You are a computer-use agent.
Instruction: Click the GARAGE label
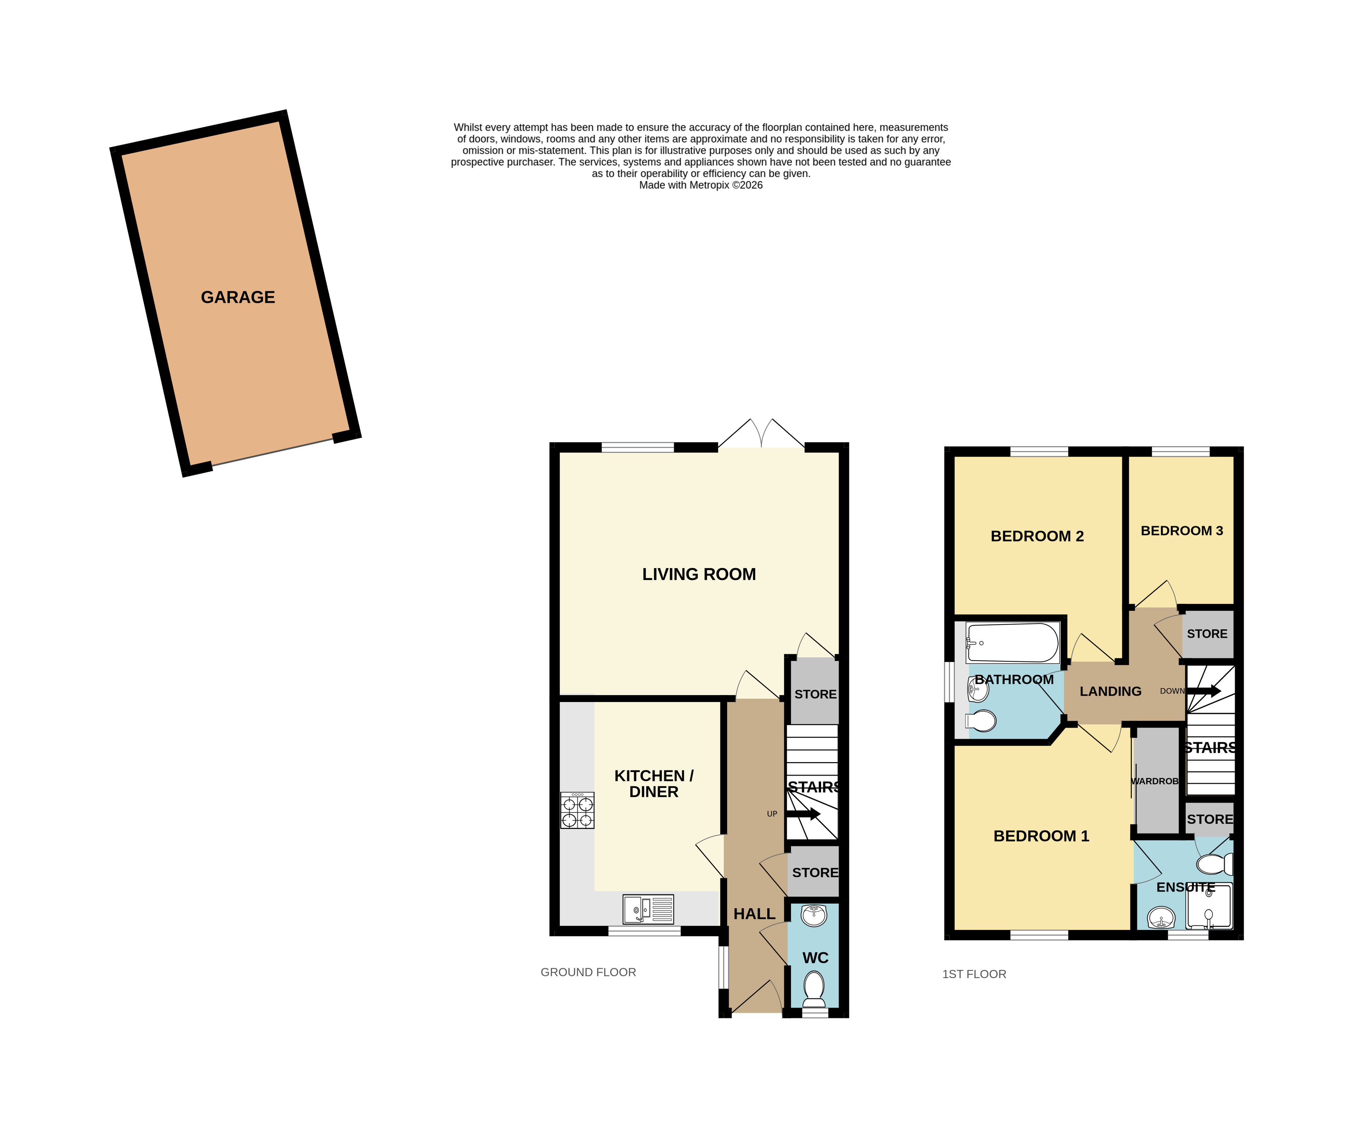pyautogui.click(x=238, y=297)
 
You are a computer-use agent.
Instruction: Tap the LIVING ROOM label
pyautogui.click(x=699, y=574)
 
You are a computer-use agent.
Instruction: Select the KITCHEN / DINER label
pyautogui.click(x=654, y=784)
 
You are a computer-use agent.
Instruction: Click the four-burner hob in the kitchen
pyautogui.click(x=577, y=810)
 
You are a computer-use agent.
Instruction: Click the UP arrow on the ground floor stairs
pyautogui.click(x=803, y=814)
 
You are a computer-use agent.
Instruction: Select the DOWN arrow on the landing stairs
pyautogui.click(x=1204, y=691)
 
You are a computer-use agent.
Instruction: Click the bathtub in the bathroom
pyautogui.click(x=1012, y=643)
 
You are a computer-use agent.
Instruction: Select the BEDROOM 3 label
pyautogui.click(x=1182, y=531)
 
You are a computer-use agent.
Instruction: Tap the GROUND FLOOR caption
pyautogui.click(x=588, y=972)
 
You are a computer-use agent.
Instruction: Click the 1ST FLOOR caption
pyautogui.click(x=974, y=974)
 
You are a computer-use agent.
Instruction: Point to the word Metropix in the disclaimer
pyautogui.click(x=709, y=185)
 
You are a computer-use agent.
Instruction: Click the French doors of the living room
pyautogui.click(x=761, y=433)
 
